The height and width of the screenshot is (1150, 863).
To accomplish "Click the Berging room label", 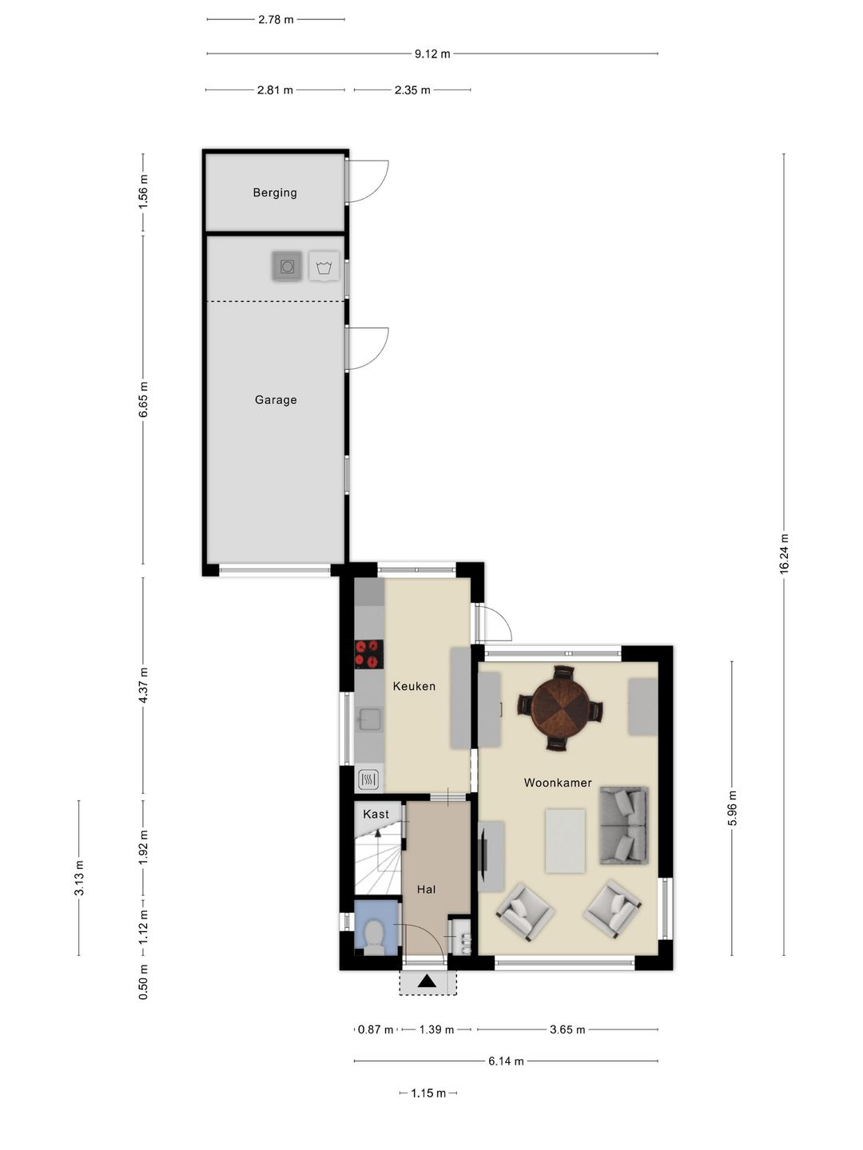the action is [275, 192].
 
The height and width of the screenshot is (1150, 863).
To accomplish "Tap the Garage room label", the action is [276, 400].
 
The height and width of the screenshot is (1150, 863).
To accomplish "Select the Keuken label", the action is [414, 686].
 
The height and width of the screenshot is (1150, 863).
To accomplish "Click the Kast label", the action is [376, 814].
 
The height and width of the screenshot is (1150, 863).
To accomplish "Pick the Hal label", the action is [426, 889].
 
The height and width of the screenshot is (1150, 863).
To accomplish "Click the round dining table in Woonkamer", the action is [559, 708].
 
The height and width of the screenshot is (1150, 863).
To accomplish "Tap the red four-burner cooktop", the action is [369, 654].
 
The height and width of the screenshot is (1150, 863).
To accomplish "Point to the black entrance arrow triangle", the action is [427, 980].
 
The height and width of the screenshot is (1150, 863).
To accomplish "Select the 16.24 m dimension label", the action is [784, 553].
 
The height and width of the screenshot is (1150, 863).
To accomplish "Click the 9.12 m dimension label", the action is [432, 54].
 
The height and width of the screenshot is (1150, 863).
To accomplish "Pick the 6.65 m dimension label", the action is [143, 399].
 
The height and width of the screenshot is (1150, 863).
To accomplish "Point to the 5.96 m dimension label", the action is [732, 808].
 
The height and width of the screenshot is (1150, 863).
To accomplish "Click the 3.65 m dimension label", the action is [567, 1029].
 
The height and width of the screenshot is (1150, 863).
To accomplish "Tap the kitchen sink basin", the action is [369, 720].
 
